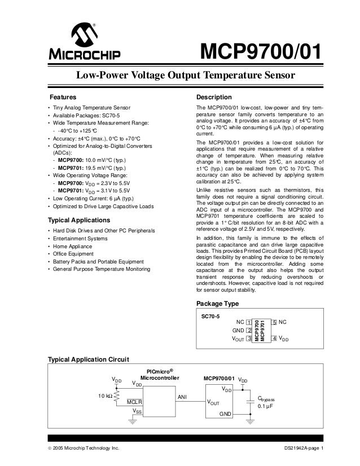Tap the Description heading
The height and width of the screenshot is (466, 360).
pos(213,97)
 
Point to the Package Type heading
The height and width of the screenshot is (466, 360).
pos(217,304)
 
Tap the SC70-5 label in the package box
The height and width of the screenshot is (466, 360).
pos(210,317)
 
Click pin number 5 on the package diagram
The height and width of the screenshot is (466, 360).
pos(274,322)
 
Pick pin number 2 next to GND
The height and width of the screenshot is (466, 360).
pos(249,330)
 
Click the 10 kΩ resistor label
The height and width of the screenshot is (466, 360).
pos(105,395)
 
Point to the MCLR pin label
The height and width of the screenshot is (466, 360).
pos(134,401)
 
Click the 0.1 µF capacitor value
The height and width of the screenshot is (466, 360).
pos(266,406)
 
